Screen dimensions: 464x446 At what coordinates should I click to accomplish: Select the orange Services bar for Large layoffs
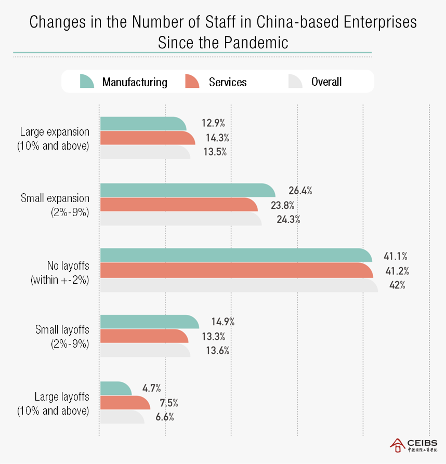(124, 403)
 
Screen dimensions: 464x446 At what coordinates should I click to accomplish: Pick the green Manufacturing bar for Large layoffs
(115, 388)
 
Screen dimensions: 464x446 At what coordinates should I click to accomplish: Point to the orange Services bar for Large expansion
(147, 138)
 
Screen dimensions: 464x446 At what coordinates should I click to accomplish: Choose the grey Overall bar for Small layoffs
(145, 350)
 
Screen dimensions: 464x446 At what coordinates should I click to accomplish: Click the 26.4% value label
(300, 191)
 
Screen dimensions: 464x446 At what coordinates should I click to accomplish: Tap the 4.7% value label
(151, 388)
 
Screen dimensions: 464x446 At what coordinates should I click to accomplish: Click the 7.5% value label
(168, 403)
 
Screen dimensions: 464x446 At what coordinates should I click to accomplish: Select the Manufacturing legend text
(135, 82)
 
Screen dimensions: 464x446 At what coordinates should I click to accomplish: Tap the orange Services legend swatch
(192, 82)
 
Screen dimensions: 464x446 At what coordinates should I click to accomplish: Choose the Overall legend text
(326, 82)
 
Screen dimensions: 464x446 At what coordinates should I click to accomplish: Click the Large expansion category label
(55, 139)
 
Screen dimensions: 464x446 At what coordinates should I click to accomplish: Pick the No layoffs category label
(60, 272)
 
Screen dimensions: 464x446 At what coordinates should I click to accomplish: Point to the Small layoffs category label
(62, 337)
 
